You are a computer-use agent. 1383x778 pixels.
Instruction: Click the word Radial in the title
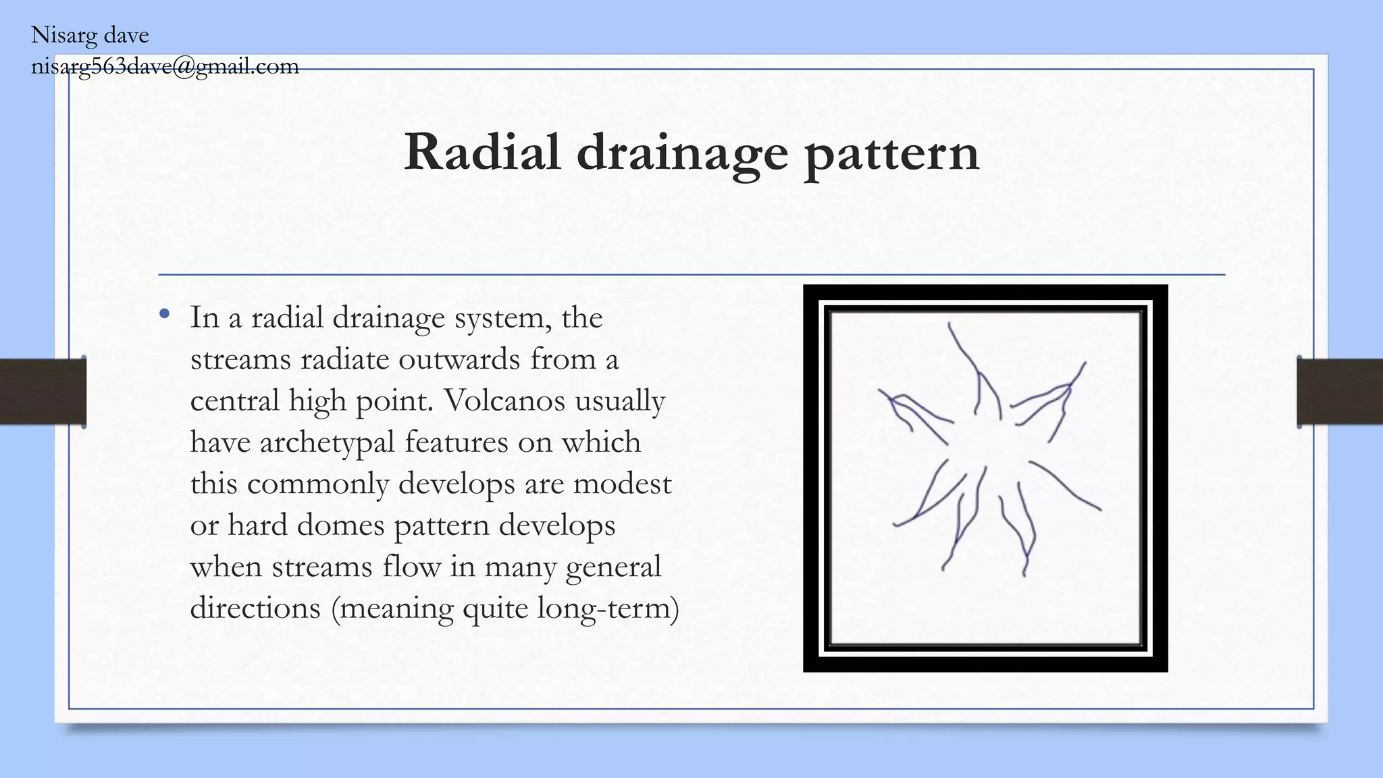point(482,152)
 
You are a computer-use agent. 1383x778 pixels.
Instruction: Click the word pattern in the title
point(891,154)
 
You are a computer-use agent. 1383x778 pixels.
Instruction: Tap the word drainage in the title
point(682,154)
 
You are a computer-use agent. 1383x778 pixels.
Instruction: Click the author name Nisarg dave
point(90,35)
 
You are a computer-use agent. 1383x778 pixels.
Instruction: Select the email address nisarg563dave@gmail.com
point(165,66)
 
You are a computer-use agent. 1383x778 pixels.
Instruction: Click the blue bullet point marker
point(164,314)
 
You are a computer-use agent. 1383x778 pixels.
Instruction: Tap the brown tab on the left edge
point(43,392)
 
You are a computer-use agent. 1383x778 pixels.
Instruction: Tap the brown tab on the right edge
point(1340,392)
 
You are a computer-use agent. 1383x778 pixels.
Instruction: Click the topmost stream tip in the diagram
point(949,326)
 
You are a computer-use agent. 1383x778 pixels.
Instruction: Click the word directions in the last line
point(255,608)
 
